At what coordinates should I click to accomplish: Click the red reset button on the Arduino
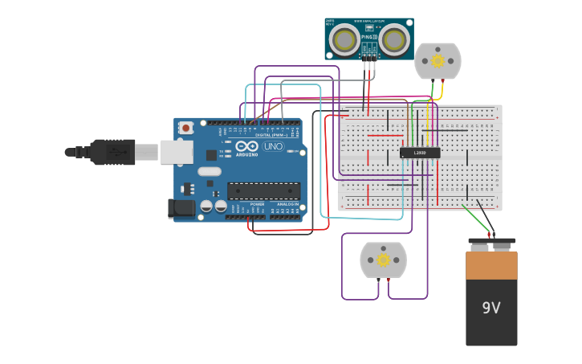click(x=186, y=128)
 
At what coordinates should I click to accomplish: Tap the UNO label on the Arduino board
click(x=273, y=147)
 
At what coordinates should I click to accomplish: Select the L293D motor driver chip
click(x=420, y=153)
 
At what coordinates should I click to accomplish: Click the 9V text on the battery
click(x=491, y=308)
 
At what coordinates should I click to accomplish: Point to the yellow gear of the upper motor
click(x=438, y=60)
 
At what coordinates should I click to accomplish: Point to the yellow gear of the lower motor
click(x=383, y=260)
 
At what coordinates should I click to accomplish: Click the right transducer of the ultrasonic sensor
click(x=393, y=39)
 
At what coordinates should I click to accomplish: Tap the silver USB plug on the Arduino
click(x=177, y=151)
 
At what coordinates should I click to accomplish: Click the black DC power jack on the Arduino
click(x=181, y=209)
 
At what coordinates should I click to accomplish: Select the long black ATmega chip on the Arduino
click(x=263, y=190)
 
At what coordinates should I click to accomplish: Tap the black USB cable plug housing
click(x=112, y=151)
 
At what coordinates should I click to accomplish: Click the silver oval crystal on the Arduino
click(x=209, y=171)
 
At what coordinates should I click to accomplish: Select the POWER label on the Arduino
click(x=257, y=204)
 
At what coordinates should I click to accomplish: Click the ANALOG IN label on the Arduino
click(x=287, y=204)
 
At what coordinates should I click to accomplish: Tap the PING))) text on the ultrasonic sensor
click(x=369, y=37)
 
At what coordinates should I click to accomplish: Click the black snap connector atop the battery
click(x=491, y=240)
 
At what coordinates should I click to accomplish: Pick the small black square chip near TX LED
click(x=211, y=154)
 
